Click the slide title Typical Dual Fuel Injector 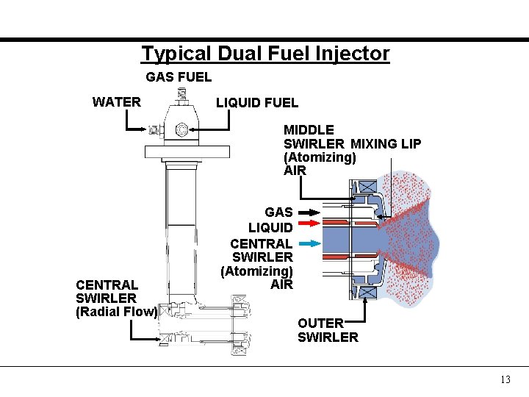point(265,54)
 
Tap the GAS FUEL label point(179,76)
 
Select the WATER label point(117,101)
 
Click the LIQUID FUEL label point(257,103)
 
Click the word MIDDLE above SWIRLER point(309,130)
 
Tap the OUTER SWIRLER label point(328,330)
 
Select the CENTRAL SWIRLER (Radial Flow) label point(116,298)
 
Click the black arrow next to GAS point(309,212)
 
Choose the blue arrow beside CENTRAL point(309,243)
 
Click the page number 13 point(505,379)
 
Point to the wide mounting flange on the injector point(187,151)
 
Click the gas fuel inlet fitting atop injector point(181,96)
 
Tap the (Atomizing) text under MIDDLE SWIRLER point(320,157)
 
